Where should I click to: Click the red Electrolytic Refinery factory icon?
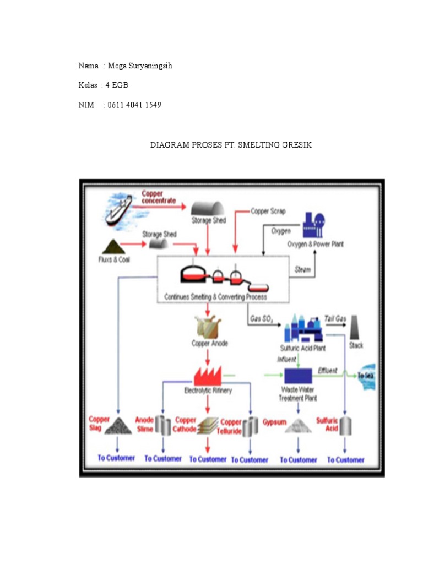[x=207, y=376]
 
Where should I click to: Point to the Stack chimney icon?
[x=356, y=329]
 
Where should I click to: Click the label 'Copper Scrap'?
[x=268, y=211]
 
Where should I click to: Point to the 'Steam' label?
[x=303, y=270]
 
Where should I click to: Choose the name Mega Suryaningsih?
[x=140, y=66]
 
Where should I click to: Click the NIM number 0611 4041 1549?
[x=134, y=105]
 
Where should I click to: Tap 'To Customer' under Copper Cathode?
[x=208, y=459]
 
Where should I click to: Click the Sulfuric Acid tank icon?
[x=345, y=426]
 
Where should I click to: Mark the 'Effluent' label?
[x=328, y=371]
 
